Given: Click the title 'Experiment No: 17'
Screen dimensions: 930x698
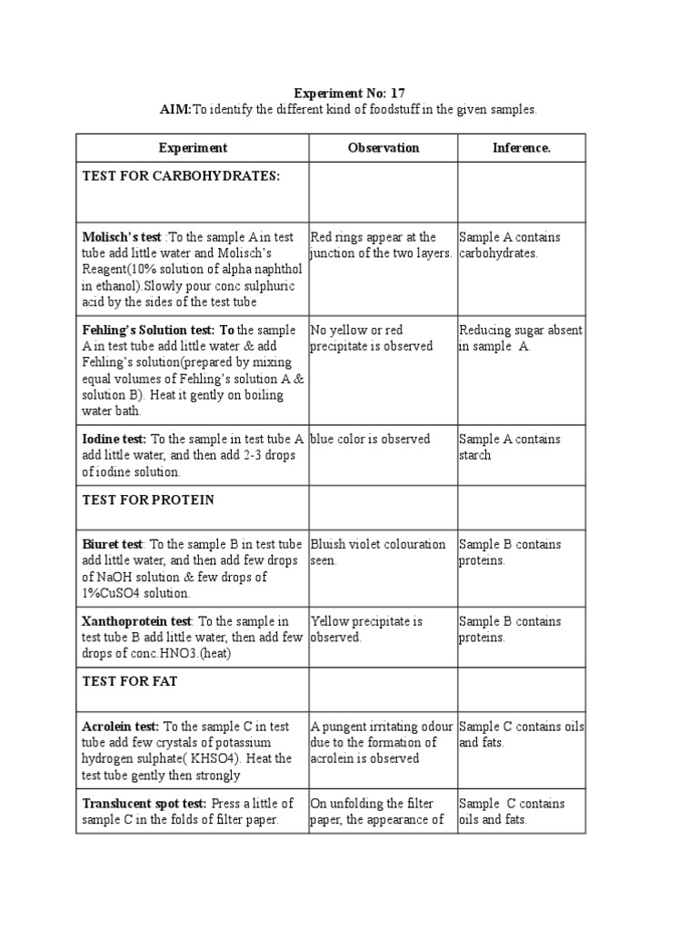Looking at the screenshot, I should click(349, 93).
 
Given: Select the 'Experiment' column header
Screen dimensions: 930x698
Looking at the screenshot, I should click(193, 148).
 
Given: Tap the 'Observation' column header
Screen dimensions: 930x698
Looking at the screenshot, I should click(383, 148).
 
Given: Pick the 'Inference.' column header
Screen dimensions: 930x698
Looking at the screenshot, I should click(521, 148).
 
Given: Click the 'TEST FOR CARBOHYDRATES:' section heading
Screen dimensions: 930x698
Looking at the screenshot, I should click(182, 175).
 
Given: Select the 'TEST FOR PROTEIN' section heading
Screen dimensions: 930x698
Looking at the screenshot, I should click(148, 500).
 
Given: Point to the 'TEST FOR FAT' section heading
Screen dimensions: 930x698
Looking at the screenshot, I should click(131, 682).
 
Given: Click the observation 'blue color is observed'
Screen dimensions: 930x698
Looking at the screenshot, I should click(370, 440).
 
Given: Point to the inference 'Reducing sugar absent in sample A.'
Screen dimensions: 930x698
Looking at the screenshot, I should click(520, 339).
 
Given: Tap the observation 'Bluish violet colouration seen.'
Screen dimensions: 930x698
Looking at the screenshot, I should click(377, 552).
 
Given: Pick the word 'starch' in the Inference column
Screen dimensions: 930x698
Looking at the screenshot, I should click(474, 456).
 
